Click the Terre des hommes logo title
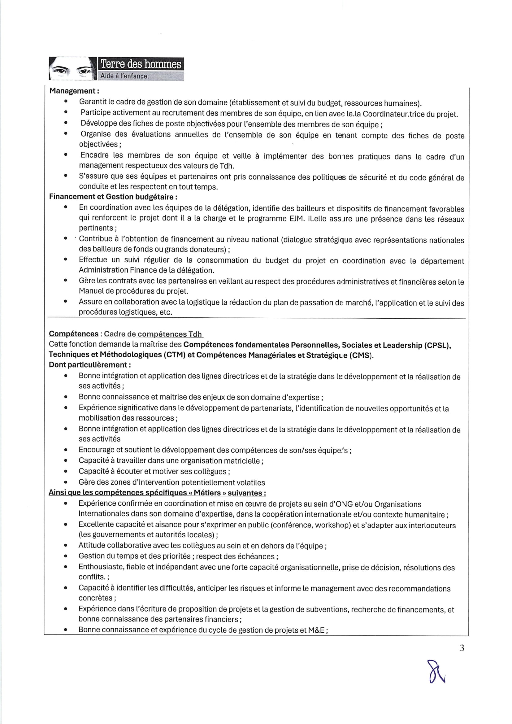coord(141,64)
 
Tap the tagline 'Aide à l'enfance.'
coord(124,76)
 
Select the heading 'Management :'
coord(74,91)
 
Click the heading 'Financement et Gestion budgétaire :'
coord(113,197)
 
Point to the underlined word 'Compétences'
coord(73,334)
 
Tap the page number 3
coord(462,648)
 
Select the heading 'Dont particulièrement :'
coord(90,365)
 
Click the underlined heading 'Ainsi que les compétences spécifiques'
coord(157,493)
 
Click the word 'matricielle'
coord(241,461)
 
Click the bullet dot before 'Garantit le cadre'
coord(66,102)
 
